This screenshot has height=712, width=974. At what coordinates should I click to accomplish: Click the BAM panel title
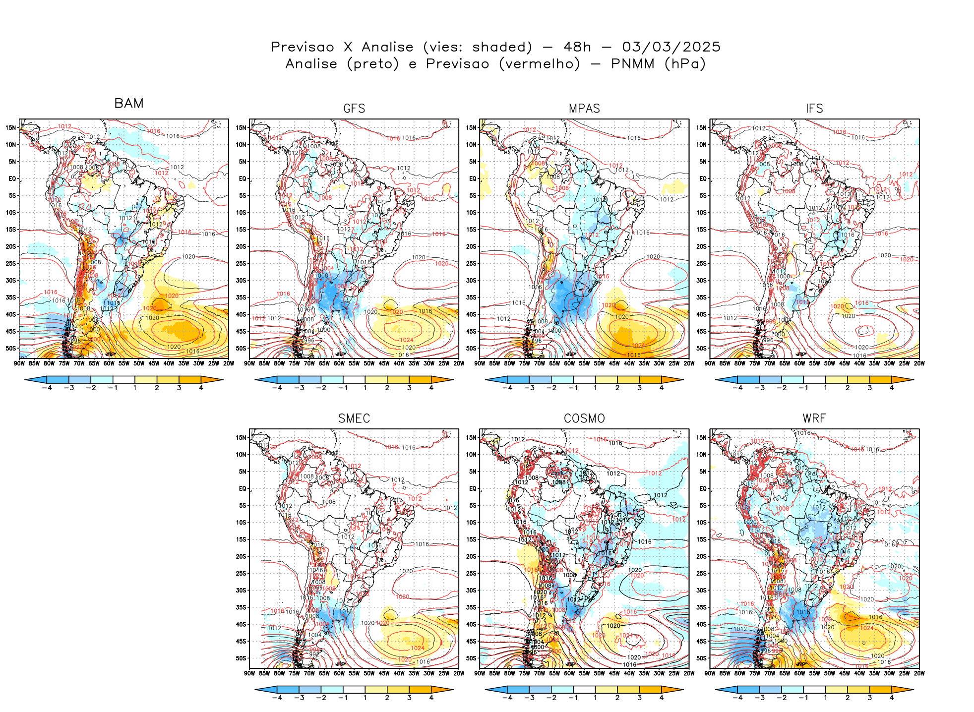(129, 103)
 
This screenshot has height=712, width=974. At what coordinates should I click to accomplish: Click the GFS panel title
(354, 109)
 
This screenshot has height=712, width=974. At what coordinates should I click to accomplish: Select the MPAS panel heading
(584, 109)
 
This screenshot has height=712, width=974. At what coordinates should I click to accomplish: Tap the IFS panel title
(814, 109)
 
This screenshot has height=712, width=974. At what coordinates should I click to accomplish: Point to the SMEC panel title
(354, 418)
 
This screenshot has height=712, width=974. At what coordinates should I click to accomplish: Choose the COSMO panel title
(584, 418)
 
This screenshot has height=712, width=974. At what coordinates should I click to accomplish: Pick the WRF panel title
(814, 418)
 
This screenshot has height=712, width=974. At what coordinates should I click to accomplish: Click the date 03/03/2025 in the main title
(671, 47)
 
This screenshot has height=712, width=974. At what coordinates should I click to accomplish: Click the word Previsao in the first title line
(303, 47)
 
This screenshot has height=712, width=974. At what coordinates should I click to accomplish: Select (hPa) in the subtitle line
(685, 64)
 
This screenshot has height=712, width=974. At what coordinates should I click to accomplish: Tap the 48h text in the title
(577, 47)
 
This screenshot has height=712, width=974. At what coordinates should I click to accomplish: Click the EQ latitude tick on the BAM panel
(12, 178)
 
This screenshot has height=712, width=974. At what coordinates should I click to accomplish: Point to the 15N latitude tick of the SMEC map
(241, 437)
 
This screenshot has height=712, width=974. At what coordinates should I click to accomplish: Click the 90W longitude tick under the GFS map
(249, 363)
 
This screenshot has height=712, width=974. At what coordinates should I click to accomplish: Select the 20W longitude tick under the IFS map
(919, 363)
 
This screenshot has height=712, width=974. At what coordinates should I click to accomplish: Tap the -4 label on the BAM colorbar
(47, 388)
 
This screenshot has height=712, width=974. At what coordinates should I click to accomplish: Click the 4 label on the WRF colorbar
(892, 698)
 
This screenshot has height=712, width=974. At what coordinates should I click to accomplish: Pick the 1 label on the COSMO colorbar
(595, 698)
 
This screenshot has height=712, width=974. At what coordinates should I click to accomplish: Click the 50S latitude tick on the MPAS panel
(471, 348)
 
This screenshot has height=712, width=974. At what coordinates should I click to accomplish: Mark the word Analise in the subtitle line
(311, 64)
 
